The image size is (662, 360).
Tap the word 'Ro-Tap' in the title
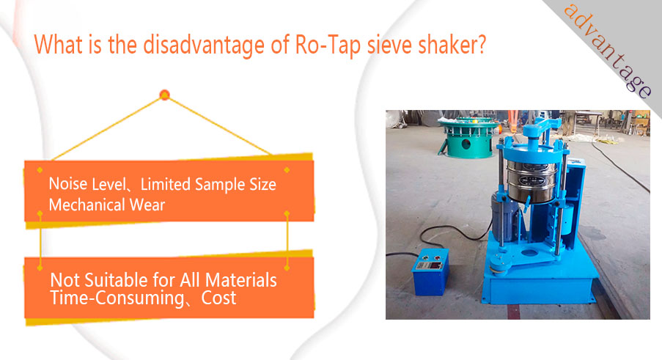point(328,45)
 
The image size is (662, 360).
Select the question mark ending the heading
point(481,44)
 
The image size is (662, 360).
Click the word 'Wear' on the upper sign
point(147,205)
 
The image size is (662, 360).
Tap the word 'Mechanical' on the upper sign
point(87,205)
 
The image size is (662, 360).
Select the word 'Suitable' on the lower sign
point(116,280)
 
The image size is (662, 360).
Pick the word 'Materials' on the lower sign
point(241,280)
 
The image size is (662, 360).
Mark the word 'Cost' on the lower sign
point(218,298)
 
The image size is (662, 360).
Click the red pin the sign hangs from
point(165,95)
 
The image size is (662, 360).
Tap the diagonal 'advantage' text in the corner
point(608,51)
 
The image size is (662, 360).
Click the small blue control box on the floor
point(430,271)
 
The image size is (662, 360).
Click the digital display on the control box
point(429,266)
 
